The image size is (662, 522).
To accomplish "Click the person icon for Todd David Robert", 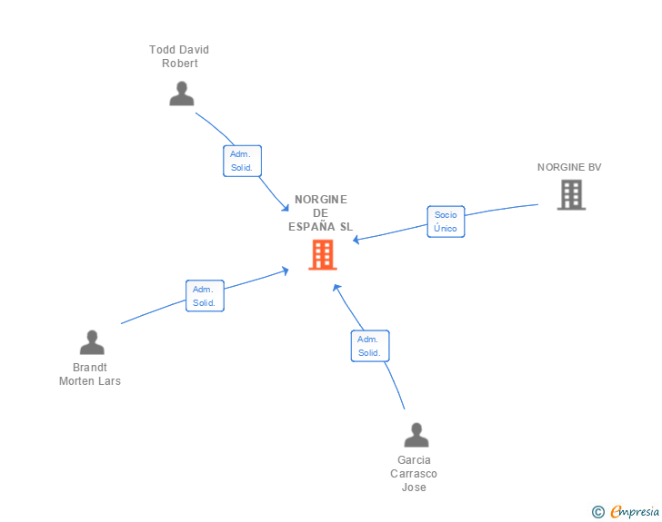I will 182,94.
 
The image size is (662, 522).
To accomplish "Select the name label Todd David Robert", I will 179,56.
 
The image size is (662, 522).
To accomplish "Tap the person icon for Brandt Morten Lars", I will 92,342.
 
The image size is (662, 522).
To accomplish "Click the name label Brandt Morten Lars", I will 90,374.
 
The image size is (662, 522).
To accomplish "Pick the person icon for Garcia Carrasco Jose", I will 416,435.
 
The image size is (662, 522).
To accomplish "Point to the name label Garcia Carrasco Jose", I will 414,474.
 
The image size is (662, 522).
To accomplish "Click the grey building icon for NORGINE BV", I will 571,194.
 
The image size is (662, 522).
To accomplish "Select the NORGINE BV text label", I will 569,167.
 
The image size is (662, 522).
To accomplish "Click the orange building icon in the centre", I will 323,255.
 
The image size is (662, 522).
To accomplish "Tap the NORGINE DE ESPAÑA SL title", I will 321,213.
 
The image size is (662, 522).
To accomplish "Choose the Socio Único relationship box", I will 446,222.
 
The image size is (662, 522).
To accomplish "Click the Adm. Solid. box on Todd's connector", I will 242,161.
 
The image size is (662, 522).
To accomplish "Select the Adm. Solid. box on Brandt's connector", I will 205,296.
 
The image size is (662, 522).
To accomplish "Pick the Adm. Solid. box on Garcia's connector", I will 369,346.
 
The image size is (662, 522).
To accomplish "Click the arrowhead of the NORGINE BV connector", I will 356,241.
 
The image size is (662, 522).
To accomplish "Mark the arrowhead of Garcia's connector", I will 336,288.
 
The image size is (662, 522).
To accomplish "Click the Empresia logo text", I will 635,512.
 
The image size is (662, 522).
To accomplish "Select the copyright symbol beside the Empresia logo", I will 597,512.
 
